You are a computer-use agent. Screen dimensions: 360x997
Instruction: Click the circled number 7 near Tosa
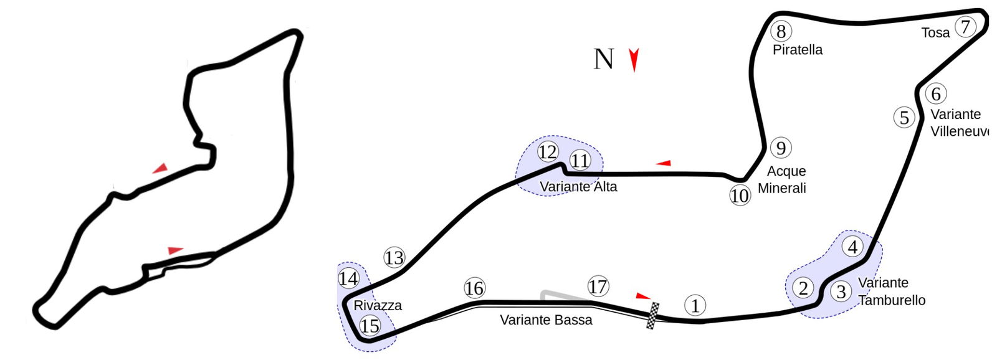tap(965, 27)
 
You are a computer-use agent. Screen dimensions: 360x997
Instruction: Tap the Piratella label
tap(797, 50)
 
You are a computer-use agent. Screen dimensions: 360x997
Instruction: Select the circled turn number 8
tap(781, 31)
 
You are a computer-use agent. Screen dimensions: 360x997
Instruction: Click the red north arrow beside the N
tap(634, 60)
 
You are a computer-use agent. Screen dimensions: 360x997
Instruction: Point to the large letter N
tap(603, 59)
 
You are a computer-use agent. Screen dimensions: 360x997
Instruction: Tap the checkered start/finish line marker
tap(652, 315)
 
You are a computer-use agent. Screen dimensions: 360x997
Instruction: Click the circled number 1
tap(695, 305)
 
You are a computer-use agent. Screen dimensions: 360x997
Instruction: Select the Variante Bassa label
tap(546, 320)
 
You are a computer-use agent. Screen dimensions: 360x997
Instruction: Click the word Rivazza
tap(378, 305)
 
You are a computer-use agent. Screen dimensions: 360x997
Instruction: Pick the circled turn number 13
tap(394, 257)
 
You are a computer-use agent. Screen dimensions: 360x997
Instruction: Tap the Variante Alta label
tap(578, 186)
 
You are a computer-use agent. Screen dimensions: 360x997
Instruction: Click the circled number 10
tap(740, 196)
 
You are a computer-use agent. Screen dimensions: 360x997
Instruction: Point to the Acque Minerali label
tap(783, 179)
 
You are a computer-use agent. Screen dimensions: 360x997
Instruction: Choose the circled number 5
tap(904, 117)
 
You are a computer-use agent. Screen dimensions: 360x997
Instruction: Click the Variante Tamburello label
tap(891, 291)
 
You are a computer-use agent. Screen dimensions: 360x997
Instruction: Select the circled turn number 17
tap(598, 287)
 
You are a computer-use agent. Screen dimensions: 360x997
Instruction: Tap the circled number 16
tap(474, 288)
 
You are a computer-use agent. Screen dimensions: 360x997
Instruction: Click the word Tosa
tap(935, 33)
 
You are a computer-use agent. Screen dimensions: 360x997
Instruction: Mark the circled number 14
tap(348, 278)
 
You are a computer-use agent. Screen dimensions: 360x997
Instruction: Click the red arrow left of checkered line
tap(643, 296)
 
